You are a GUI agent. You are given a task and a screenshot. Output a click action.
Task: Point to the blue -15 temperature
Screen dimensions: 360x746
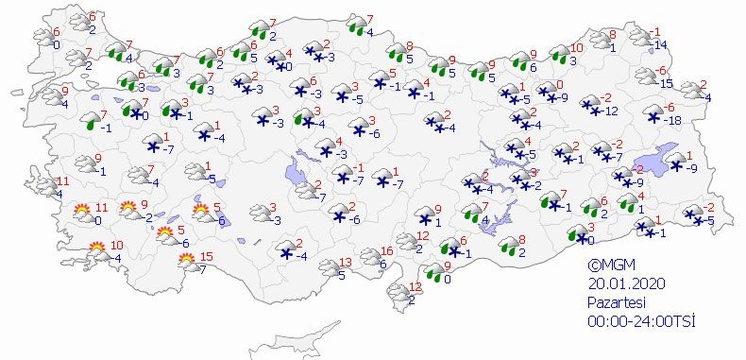pos(668,84)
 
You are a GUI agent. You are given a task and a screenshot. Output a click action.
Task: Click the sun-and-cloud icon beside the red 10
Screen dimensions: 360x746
pos(97,250)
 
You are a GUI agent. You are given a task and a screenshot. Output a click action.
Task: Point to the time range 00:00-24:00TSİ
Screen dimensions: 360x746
pos(640,321)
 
